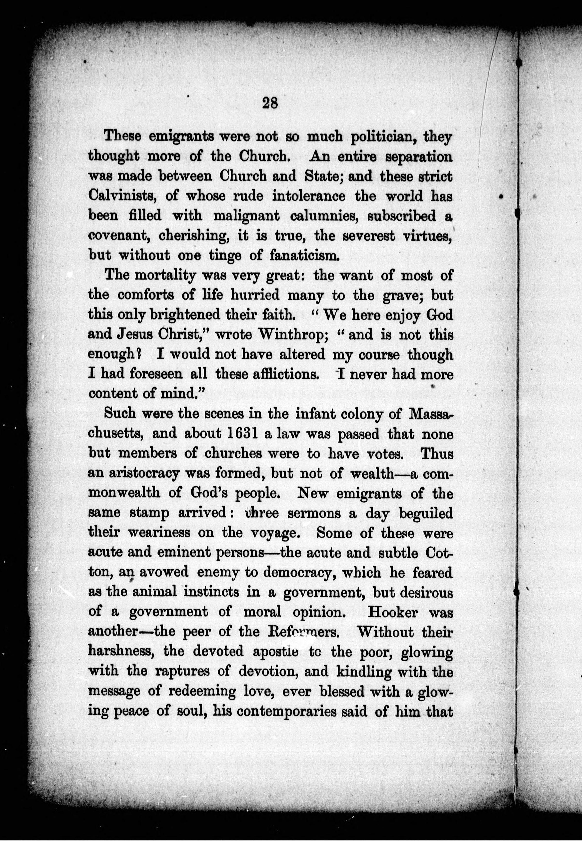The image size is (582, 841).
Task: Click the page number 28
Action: [270, 103]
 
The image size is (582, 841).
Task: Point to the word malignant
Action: [246, 216]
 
